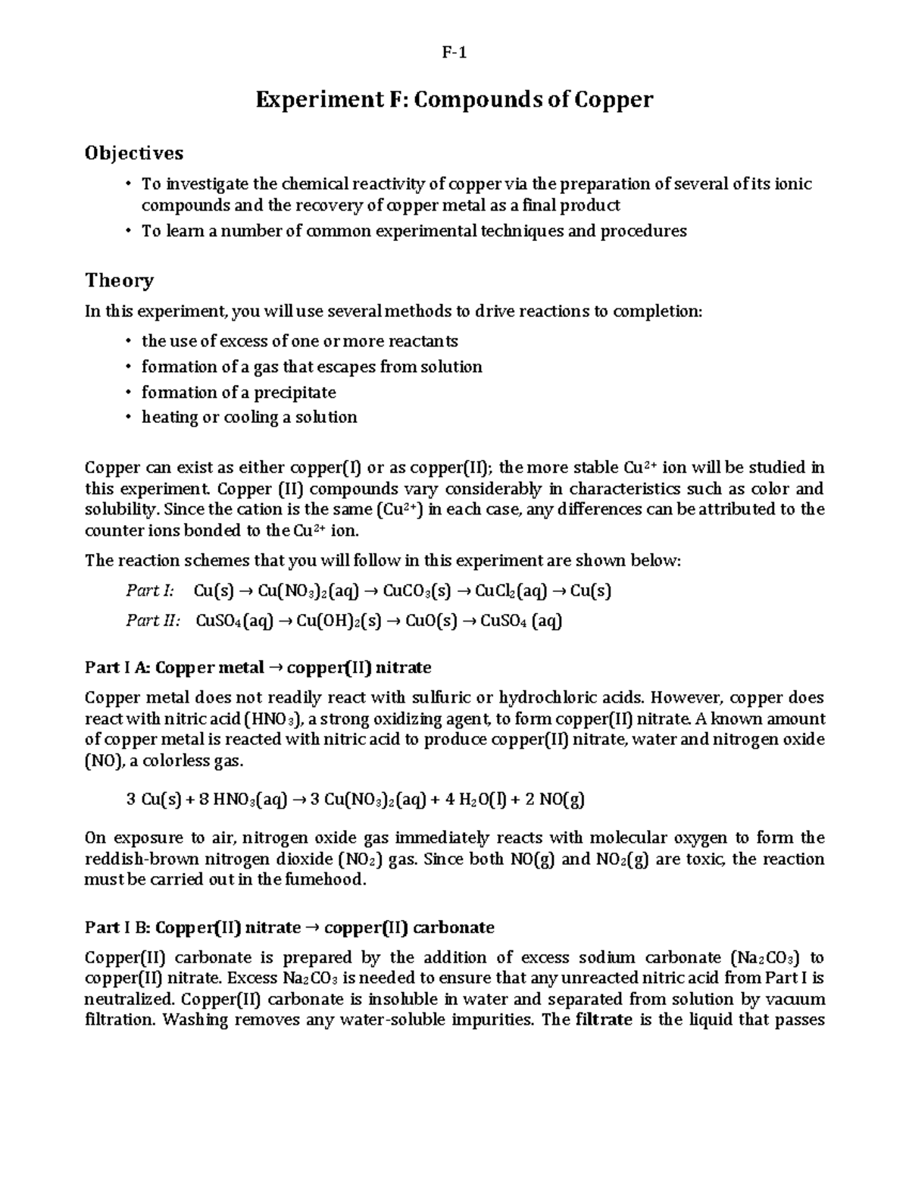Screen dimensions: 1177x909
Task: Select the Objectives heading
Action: click(134, 153)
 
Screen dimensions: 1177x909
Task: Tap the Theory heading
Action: click(119, 280)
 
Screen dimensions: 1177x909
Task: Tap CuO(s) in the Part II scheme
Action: click(431, 621)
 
